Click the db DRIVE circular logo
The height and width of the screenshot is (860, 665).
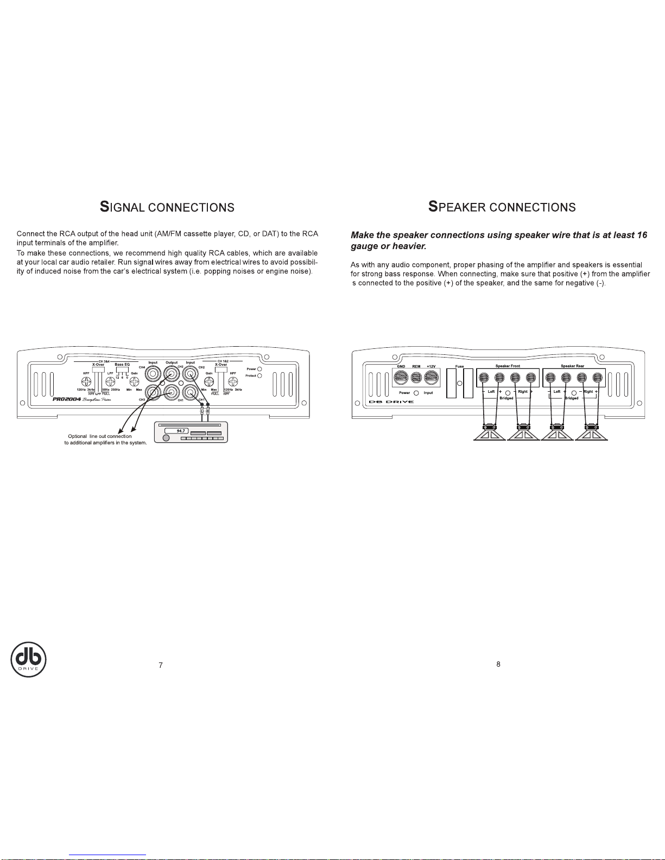29,659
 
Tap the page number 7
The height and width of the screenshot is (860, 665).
161,666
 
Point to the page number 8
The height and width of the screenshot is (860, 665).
498,664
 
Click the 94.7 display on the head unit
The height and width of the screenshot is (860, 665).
174,431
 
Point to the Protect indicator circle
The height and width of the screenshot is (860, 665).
259,375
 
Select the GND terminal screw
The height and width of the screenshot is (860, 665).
401,378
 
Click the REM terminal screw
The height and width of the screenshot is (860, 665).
416,378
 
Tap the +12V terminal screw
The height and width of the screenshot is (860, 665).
432,378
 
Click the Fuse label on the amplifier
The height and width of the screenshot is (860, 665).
459,367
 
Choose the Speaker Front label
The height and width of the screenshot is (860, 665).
508,366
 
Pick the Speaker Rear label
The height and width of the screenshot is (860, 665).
572,366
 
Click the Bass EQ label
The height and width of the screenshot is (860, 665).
122,365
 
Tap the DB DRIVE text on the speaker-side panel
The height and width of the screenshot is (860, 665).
391,402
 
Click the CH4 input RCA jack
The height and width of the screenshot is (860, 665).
153,374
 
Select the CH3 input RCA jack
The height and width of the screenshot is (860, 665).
153,392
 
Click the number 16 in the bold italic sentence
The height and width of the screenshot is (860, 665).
642,235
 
